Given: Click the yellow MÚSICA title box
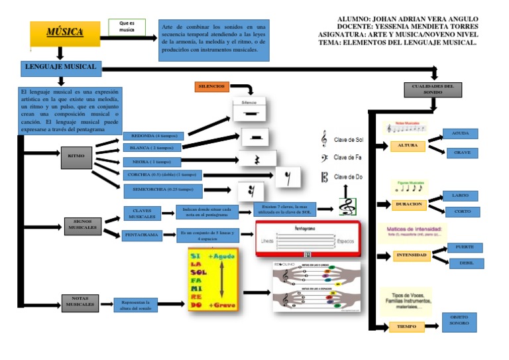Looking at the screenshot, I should [65, 33].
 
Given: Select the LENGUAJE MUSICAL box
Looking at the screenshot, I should [60, 68].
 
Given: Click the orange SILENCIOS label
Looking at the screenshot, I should [212, 87].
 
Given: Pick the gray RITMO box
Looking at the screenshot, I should [77, 158].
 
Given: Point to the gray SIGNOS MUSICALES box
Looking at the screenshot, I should [82, 225].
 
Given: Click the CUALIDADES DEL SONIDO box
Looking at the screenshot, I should [432, 90].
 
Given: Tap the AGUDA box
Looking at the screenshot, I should [460, 133].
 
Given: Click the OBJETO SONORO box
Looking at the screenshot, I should [459, 322].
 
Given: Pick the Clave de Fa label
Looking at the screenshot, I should [348, 157].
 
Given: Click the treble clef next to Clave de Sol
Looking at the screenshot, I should [323, 139].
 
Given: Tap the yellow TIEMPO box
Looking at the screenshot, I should [406, 327].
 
